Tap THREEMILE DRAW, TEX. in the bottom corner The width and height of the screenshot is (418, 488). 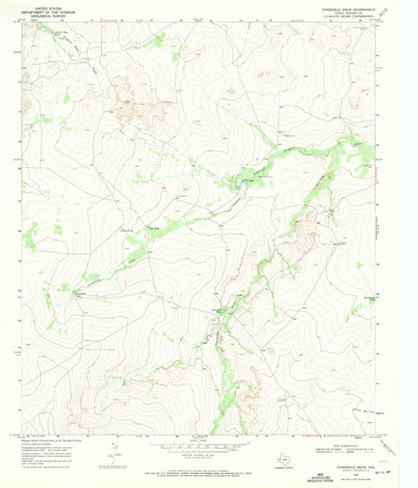[351, 465]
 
